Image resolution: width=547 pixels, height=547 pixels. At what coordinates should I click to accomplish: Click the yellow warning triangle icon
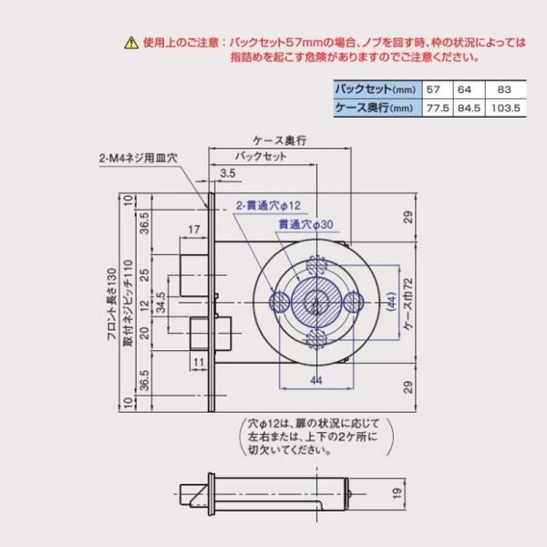[131, 43]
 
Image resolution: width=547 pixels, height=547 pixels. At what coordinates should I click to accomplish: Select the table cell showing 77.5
[438, 108]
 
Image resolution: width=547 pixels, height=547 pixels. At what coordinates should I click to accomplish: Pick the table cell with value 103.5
[505, 108]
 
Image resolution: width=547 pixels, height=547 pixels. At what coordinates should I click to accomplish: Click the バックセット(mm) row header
[376, 89]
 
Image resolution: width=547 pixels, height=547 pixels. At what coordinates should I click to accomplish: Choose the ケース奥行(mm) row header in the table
[374, 108]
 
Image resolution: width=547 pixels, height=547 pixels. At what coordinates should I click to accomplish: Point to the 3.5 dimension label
[228, 173]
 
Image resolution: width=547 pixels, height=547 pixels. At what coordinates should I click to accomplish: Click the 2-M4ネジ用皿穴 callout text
[139, 159]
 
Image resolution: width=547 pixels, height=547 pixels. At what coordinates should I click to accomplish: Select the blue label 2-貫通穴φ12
[268, 205]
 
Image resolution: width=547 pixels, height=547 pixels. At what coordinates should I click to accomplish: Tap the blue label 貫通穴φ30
[305, 224]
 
